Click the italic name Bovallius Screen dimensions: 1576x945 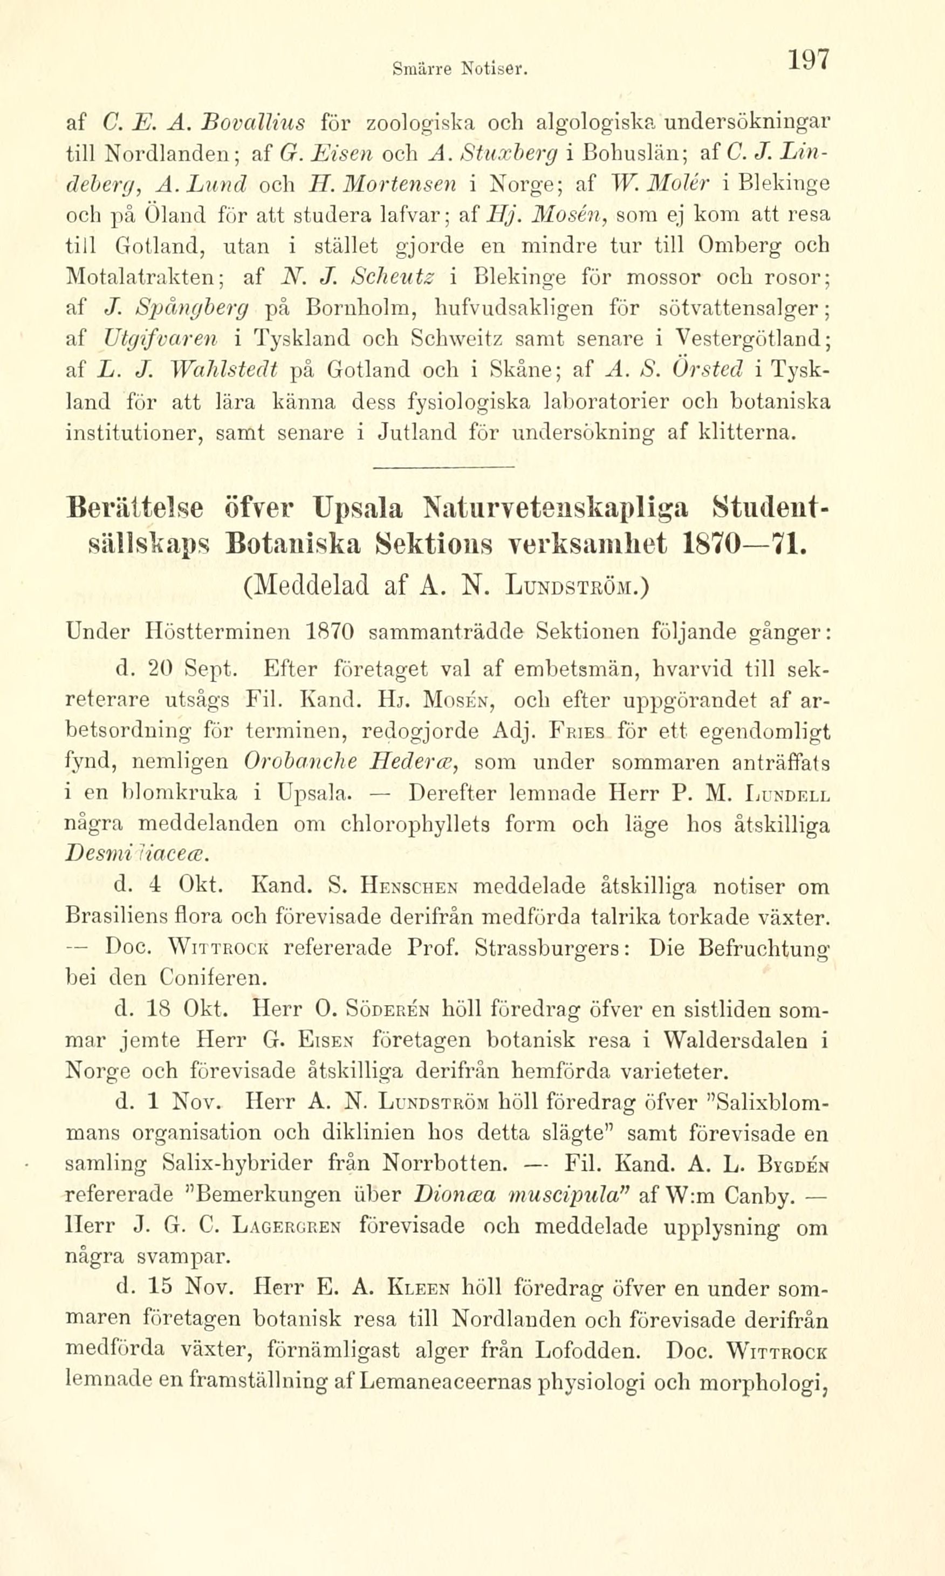tap(254, 120)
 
